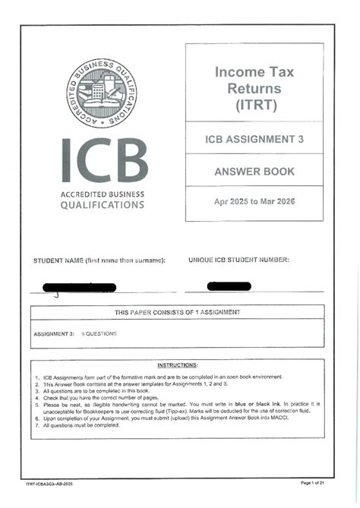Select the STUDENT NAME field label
[x=99, y=260]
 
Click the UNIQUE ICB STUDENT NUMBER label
[x=238, y=260]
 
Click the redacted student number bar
[x=229, y=285]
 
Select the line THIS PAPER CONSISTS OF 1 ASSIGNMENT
[x=177, y=312]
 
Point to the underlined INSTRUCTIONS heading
[x=177, y=365]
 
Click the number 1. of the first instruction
[x=37, y=377]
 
